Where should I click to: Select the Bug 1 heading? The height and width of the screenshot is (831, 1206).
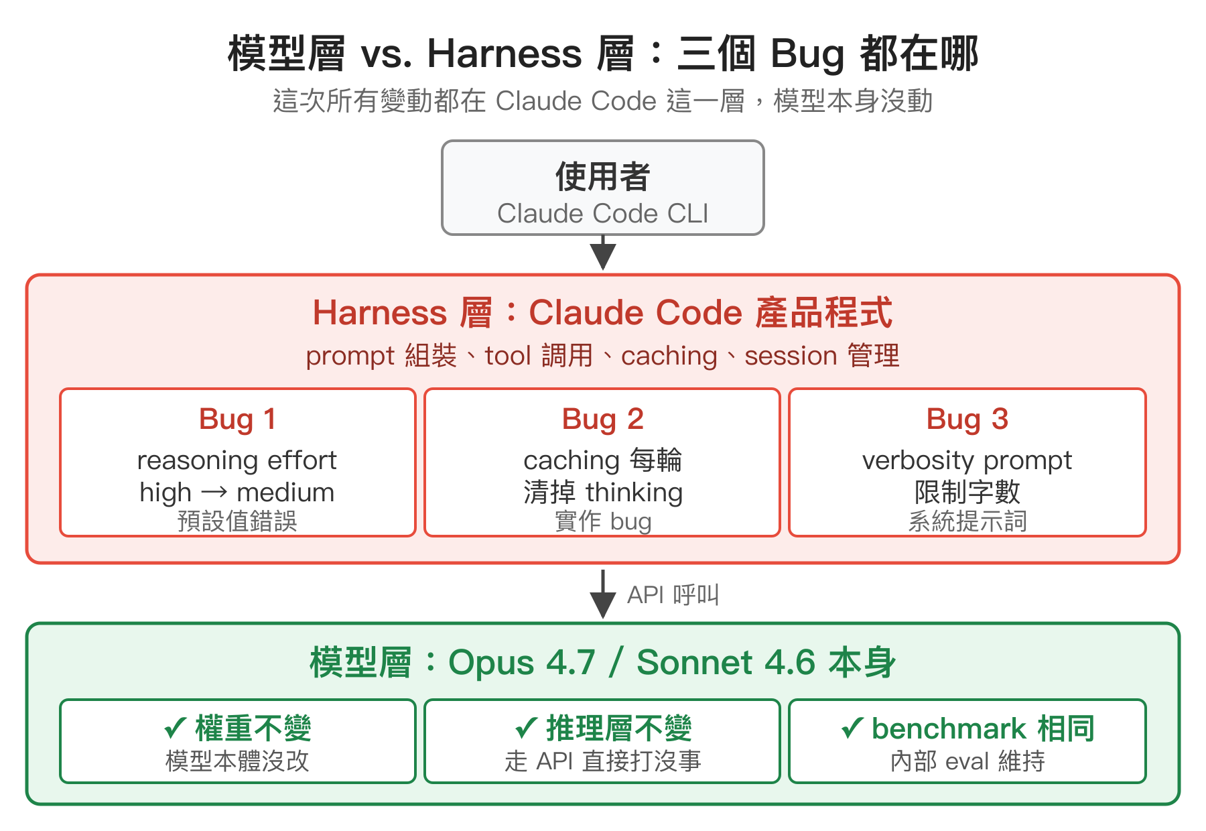237,420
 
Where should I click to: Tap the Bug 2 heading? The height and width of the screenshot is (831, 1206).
602,420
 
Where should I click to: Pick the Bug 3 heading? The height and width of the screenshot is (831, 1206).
967,420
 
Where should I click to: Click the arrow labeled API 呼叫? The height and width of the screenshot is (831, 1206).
603,595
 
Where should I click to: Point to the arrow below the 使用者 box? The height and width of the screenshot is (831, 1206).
603,253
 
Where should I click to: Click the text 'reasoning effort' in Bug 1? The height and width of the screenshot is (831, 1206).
237,460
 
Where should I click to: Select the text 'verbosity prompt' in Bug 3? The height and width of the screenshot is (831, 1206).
967,460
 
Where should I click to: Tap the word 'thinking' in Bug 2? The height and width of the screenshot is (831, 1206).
634,493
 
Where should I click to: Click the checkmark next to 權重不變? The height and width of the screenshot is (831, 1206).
176,728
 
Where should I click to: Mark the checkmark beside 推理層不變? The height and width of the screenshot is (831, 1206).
526,728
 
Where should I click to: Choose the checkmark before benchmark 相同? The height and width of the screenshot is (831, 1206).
852,728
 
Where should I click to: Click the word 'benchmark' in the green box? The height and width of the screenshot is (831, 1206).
949,728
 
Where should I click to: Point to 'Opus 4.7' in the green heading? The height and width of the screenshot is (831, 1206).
521,663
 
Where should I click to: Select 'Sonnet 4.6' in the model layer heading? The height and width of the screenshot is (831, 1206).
726,663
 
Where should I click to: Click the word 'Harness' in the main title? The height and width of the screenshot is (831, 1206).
505,54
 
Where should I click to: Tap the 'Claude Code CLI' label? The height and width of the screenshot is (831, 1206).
602,214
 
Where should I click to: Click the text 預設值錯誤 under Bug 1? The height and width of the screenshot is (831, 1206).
237,521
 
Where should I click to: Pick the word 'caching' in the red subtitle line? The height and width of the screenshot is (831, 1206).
669,356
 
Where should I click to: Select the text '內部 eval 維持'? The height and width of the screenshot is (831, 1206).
967,761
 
